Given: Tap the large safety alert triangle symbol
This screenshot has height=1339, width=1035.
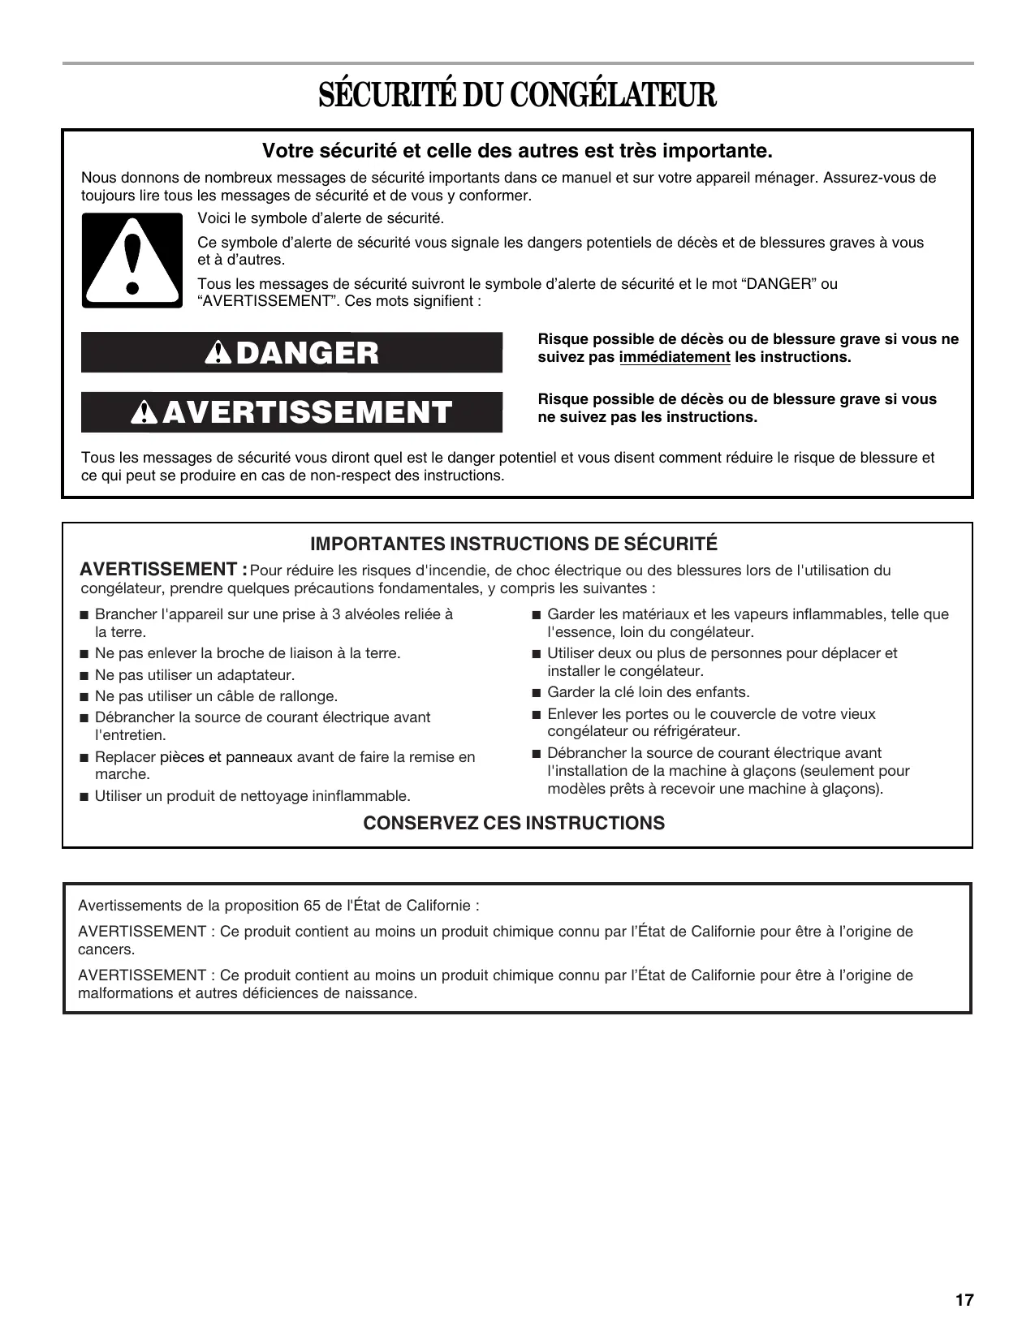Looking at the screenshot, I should [x=132, y=260].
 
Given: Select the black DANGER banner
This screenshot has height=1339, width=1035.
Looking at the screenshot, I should [x=291, y=352].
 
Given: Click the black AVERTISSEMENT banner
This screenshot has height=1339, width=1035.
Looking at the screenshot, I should [x=291, y=412].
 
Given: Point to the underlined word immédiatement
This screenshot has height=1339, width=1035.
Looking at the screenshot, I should [x=675, y=357].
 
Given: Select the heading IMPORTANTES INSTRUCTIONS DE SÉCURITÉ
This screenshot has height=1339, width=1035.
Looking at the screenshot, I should [x=514, y=544].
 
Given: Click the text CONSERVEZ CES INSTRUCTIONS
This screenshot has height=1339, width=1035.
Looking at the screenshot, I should [x=514, y=823].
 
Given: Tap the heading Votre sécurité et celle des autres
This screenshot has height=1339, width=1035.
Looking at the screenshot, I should [x=517, y=151].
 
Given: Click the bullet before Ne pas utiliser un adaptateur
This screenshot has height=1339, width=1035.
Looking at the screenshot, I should [x=84, y=675].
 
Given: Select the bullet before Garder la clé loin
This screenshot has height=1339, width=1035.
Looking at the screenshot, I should [x=536, y=693].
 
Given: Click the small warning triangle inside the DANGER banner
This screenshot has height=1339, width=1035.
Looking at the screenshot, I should [x=218, y=353].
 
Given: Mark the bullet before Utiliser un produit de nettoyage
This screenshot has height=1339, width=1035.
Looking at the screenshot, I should [x=84, y=797].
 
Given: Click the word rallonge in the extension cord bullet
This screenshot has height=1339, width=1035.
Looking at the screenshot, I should [x=312, y=696].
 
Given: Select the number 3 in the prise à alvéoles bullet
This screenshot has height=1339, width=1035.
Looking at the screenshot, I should [x=336, y=614].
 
